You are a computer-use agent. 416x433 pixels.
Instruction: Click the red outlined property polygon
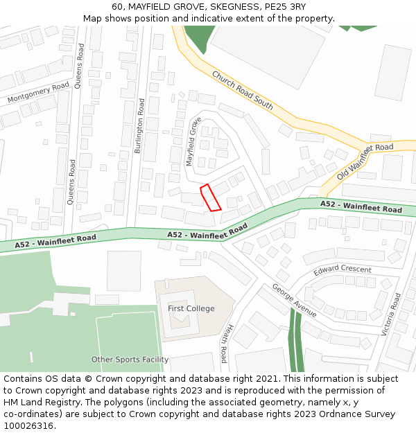tap(210, 197)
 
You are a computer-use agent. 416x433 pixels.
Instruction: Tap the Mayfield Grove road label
tap(193, 141)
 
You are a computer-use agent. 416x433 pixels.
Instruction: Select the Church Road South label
tap(243, 91)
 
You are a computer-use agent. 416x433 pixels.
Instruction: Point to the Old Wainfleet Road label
tap(365, 162)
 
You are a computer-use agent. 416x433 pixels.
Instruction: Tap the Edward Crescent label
tap(343, 269)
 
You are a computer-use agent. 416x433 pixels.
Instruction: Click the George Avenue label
tap(294, 300)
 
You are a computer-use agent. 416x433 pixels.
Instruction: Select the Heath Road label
tap(224, 345)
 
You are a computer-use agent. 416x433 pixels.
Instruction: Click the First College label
tap(191, 308)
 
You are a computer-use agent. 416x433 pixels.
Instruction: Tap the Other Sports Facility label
tap(130, 360)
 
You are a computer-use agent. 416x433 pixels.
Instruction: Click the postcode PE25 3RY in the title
tap(285, 7)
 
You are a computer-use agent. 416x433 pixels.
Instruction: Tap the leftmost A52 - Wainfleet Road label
tap(55, 241)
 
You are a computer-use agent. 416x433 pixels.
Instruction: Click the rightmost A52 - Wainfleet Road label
tap(361, 206)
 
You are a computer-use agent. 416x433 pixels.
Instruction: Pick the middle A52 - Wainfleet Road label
tap(207, 231)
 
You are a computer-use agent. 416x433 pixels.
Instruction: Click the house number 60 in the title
tap(116, 7)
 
